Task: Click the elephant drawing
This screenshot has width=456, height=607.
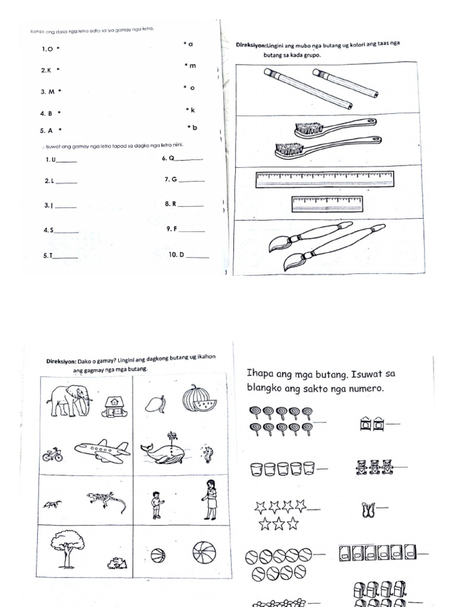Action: click(x=69, y=401)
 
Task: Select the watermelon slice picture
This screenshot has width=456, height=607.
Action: click(x=199, y=398)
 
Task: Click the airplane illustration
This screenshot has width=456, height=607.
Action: click(x=102, y=451)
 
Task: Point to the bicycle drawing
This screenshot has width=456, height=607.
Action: click(x=52, y=455)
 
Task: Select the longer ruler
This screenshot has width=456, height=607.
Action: click(x=324, y=179)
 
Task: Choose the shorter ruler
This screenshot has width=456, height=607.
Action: click(x=327, y=203)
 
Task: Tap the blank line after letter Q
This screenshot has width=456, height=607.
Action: click(x=190, y=159)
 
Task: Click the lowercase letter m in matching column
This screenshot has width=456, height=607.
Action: click(x=192, y=66)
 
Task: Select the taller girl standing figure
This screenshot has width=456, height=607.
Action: click(x=210, y=500)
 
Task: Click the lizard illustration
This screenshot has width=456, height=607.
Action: click(x=106, y=501)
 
